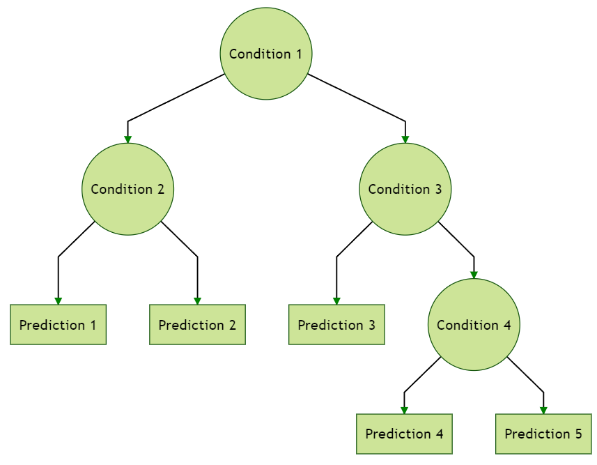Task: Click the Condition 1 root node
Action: click(266, 54)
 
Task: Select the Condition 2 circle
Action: click(127, 189)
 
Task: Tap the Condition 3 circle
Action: click(405, 189)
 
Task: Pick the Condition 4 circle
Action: click(474, 325)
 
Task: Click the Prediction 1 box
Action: click(58, 325)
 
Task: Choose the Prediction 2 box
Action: click(197, 325)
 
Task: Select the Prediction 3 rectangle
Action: click(336, 325)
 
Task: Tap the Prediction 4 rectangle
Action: click(404, 434)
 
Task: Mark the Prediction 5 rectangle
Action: click(543, 434)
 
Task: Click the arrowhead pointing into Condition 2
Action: click(127, 139)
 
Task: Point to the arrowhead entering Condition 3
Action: click(405, 139)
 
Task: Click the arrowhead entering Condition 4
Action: click(474, 275)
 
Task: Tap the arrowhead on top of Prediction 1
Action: click(58, 300)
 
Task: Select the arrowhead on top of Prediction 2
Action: click(197, 300)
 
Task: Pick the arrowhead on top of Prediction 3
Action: click(336, 300)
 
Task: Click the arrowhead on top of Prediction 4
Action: click(404, 410)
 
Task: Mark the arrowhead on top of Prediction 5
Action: click(543, 410)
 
